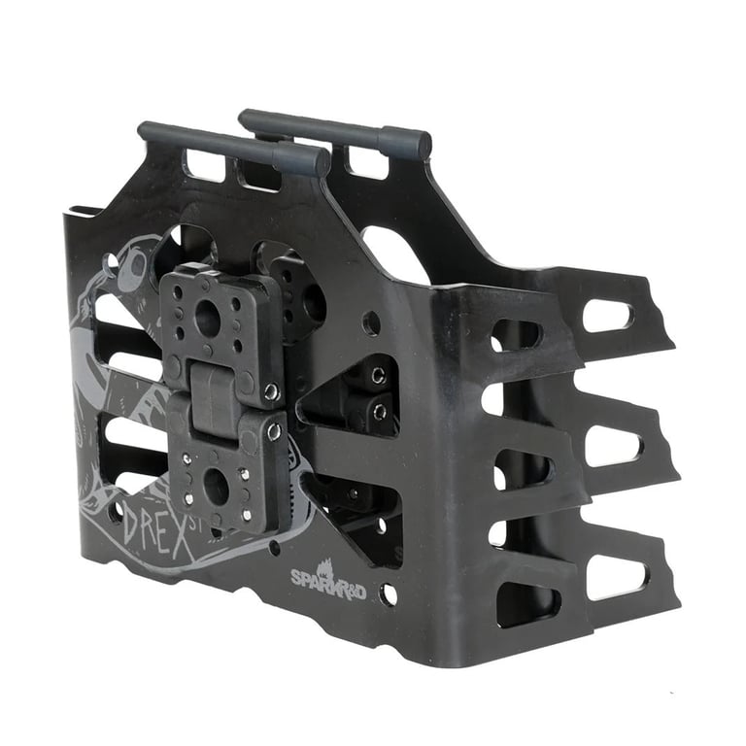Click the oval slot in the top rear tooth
tap(608, 315)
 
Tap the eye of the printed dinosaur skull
tap(133, 265)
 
